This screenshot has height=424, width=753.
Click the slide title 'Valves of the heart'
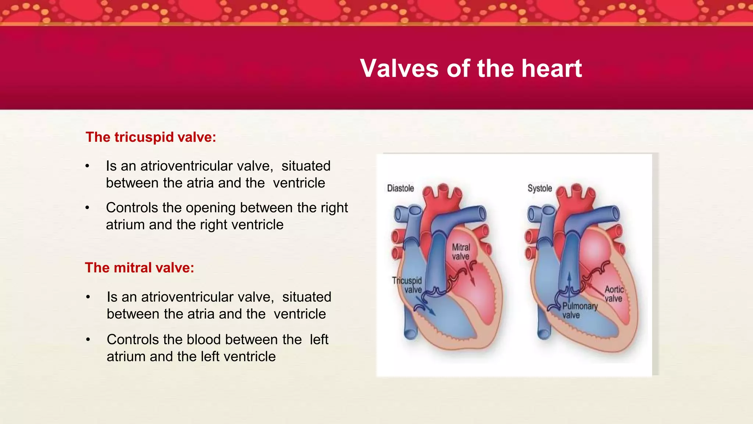click(x=471, y=68)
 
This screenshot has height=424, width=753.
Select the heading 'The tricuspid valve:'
click(x=151, y=137)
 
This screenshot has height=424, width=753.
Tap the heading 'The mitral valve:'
click(x=139, y=268)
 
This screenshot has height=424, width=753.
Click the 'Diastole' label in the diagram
click(x=400, y=188)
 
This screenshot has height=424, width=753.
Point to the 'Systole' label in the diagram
click(x=539, y=188)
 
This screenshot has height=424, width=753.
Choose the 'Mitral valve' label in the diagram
click(x=461, y=252)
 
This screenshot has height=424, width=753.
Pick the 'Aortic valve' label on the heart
click(x=614, y=294)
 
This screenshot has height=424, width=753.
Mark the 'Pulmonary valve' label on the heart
click(x=579, y=311)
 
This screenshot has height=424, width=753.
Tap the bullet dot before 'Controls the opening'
click(x=87, y=208)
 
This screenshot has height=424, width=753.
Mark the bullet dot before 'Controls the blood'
click(x=88, y=340)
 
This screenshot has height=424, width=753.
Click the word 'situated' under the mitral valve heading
click(x=307, y=297)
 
